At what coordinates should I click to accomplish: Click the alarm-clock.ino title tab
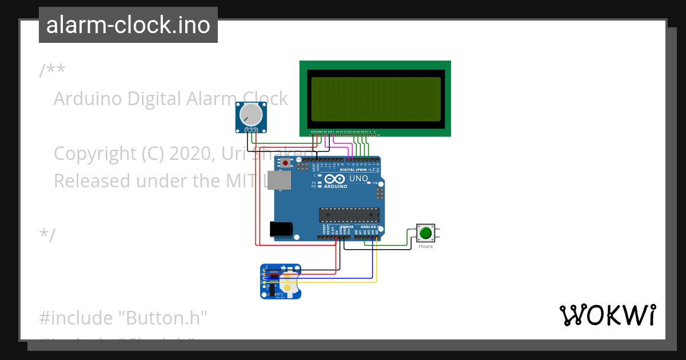coord(128,25)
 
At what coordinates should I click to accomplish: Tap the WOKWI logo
coord(607,315)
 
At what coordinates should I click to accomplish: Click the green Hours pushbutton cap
coord(425,233)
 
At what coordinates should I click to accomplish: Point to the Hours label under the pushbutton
coord(425,246)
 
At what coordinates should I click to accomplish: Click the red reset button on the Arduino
coord(285,163)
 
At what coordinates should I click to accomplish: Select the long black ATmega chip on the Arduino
coord(349,215)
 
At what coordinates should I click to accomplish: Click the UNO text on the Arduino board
coord(358,179)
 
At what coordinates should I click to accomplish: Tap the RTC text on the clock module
coord(280,293)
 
